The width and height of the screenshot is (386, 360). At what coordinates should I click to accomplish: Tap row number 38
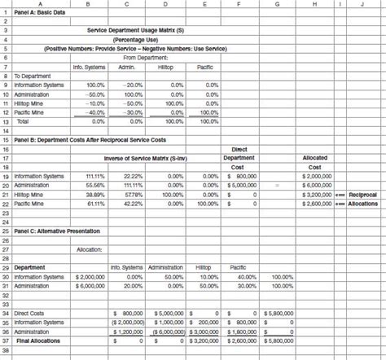click(5, 351)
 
